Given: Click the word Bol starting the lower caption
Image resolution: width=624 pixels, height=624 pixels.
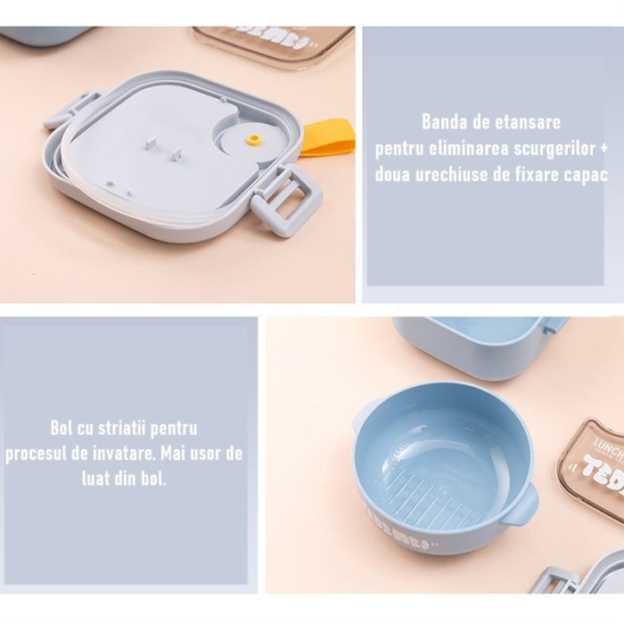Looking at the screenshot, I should click(62, 429).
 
